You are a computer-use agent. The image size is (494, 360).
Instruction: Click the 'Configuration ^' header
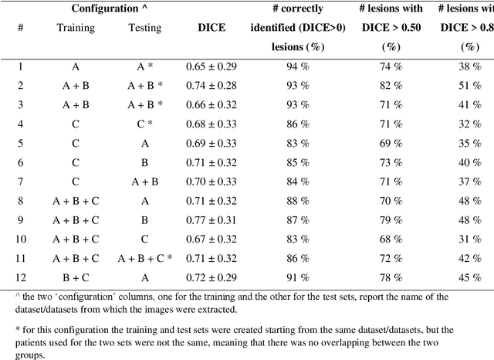[110, 8]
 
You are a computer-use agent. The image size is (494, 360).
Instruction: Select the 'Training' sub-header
[76, 28]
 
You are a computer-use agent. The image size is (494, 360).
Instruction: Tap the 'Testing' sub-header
[144, 28]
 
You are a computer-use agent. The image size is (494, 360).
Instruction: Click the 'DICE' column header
[212, 28]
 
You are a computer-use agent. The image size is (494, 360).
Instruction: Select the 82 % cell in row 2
[391, 86]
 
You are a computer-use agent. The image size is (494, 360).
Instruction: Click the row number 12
[21, 277]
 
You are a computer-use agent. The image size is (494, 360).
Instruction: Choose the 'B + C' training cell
[76, 277]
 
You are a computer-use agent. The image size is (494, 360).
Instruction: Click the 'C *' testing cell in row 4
[145, 124]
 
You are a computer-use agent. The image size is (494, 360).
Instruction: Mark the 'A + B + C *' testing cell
[145, 258]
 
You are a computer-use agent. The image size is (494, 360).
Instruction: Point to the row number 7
[21, 182]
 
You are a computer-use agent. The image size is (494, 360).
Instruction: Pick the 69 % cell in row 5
[391, 143]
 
